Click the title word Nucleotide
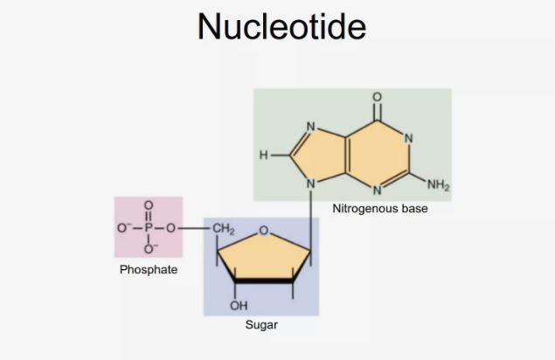coord(281,26)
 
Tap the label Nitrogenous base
coord(379,210)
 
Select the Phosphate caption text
coord(149,269)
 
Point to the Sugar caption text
coord(261,325)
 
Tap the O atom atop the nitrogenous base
coord(377,96)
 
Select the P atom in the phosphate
coord(149,229)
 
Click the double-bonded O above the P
coord(149,206)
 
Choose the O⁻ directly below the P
coord(149,252)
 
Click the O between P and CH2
coord(173,229)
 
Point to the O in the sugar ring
coord(263,232)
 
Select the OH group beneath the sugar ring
coord(238,306)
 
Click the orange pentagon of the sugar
coord(262,259)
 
